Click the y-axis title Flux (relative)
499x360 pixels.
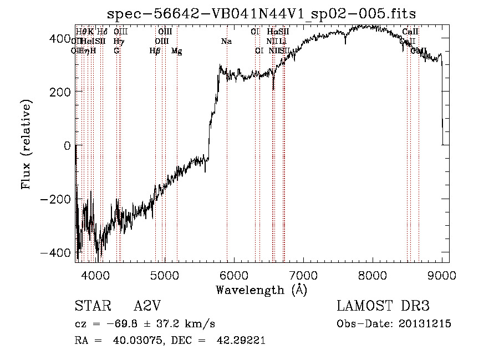click(x=27, y=144)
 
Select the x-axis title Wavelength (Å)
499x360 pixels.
click(x=261, y=290)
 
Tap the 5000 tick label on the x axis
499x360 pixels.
click(x=165, y=275)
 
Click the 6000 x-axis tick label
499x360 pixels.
click(x=234, y=275)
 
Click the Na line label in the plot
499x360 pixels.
click(x=226, y=42)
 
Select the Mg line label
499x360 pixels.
click(x=177, y=51)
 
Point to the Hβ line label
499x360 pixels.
click(x=155, y=51)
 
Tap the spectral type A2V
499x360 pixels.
click(x=147, y=306)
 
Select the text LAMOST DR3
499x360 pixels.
click(x=383, y=306)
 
